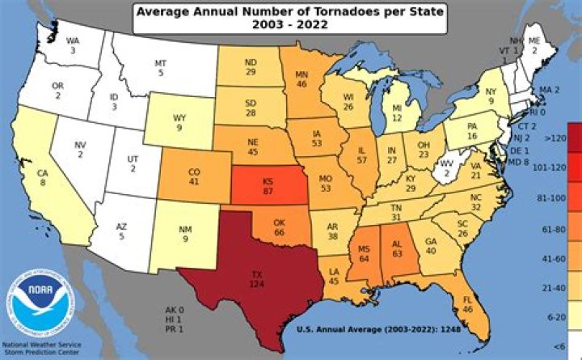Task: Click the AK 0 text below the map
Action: [x=175, y=310]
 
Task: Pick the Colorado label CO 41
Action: [x=193, y=177]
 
